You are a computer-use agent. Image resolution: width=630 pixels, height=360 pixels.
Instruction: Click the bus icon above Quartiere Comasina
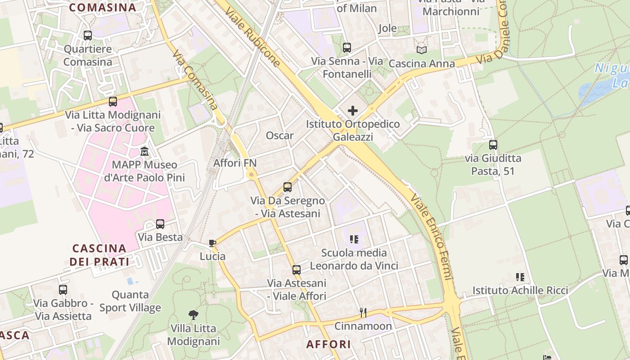pos(88,35)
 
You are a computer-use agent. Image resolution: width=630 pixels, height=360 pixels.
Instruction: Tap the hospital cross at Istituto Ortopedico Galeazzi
pos(353,110)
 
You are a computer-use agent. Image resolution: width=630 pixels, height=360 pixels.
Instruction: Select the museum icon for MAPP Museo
pos(144,151)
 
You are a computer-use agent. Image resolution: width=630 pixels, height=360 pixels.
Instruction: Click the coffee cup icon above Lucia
pos(212,243)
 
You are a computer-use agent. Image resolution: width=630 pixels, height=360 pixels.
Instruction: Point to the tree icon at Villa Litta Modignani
pos(193,315)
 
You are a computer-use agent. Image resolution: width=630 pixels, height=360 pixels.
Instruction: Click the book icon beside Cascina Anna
pos(422,50)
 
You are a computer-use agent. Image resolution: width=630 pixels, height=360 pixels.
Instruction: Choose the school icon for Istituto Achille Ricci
pos(520,277)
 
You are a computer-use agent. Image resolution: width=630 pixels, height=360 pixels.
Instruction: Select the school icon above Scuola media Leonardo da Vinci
pos(354,239)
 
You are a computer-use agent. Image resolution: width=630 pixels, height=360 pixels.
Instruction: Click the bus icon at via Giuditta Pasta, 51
pos(493,145)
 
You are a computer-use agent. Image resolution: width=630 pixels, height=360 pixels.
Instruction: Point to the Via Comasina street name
pos(195,80)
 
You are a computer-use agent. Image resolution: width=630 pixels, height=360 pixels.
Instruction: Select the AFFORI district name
pos(328,344)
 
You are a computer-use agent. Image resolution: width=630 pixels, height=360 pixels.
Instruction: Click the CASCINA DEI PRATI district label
pos(99,255)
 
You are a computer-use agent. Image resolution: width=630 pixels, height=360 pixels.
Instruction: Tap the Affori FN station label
pos(234,163)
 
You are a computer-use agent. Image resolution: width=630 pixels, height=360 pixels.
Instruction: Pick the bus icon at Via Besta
pos(160,224)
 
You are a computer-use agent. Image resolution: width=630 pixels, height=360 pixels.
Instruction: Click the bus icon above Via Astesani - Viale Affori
pos(296,270)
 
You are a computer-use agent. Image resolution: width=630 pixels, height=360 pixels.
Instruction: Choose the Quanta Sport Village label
pos(130,301)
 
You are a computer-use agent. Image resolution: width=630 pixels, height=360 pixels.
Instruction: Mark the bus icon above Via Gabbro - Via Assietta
pos(63,290)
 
